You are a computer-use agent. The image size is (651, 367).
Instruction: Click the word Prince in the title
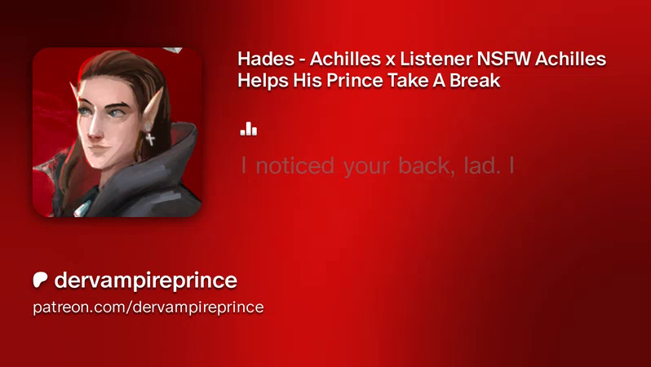354,81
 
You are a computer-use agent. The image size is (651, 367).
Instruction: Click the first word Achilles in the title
345,59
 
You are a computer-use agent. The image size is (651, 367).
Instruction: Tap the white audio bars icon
248,129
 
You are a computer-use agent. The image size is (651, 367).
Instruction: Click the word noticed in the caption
294,166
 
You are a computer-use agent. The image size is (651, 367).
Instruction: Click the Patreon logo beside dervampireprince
40,281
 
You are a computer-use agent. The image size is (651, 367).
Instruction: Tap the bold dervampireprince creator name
145,281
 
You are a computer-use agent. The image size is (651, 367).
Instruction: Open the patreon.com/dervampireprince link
148,307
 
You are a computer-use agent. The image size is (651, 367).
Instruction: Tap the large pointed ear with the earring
153,108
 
